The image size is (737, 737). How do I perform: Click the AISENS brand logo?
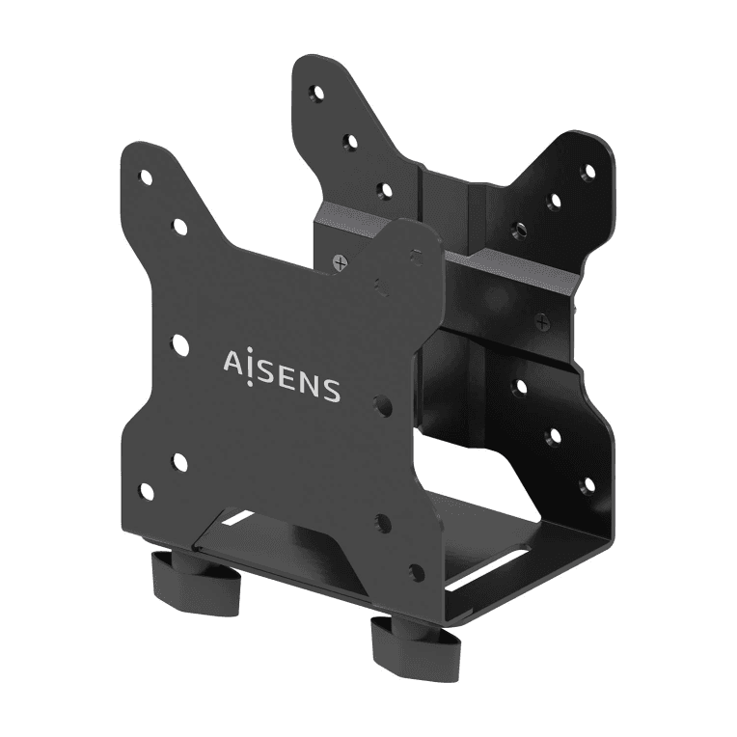pyautogui.click(x=281, y=376)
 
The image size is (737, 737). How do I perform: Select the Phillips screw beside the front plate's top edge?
pyautogui.click(x=339, y=261)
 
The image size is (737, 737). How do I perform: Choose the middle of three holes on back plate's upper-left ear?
pyautogui.click(x=350, y=143)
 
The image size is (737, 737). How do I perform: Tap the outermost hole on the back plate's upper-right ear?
pyautogui.click(x=587, y=171)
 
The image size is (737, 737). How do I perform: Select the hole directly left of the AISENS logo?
pyautogui.click(x=180, y=345)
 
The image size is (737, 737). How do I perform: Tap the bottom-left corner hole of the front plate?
pyautogui.click(x=147, y=492)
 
